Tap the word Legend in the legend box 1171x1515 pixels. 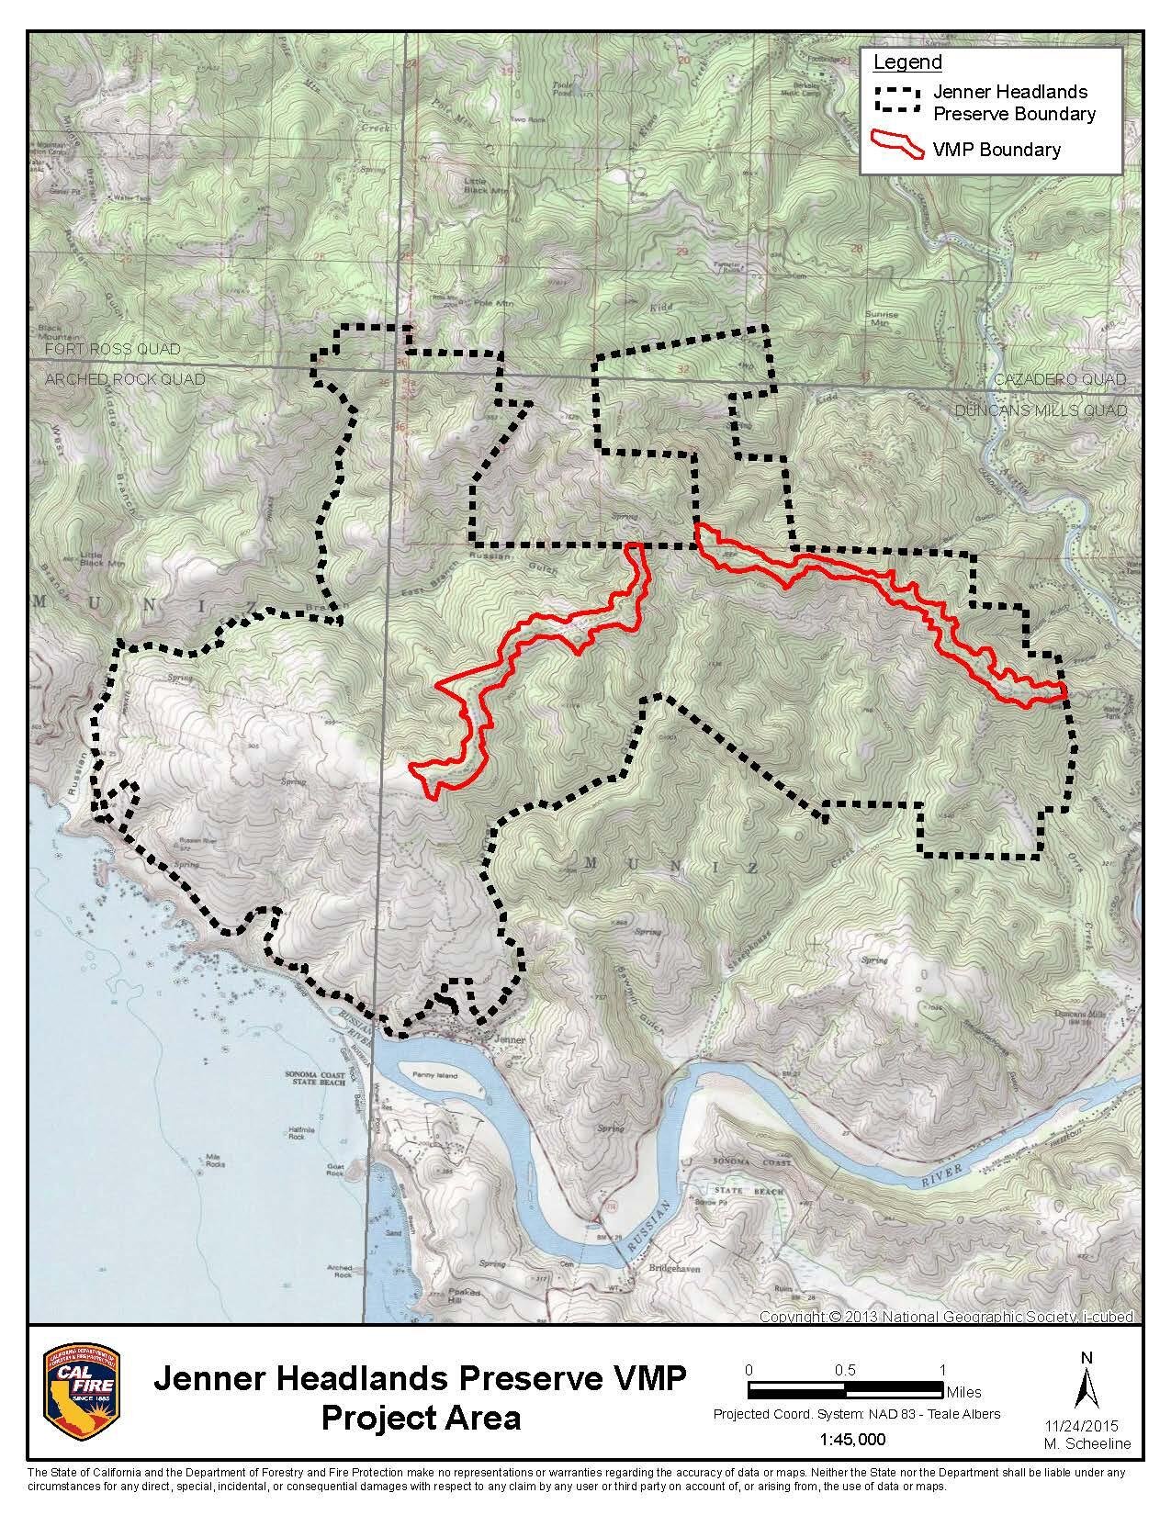coord(906,62)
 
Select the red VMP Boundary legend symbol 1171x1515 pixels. coord(897,144)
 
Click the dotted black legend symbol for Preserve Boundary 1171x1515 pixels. coord(897,100)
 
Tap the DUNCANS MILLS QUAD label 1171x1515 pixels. coord(1041,410)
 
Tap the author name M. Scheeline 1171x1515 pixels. coord(1087,1444)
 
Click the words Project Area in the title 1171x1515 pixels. coord(420,1418)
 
